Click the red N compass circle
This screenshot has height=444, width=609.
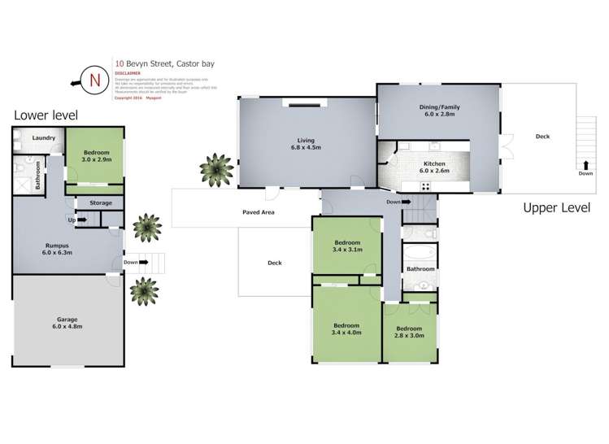tap(95, 79)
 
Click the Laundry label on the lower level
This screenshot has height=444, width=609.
tap(44, 138)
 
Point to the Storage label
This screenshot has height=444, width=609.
tap(101, 202)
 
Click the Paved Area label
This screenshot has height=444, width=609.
tap(258, 212)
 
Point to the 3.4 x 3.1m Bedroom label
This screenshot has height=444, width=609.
tap(347, 248)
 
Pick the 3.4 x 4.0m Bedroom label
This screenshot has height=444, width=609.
tap(346, 329)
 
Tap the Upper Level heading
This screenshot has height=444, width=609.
tap(556, 208)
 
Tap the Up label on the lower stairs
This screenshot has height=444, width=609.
tap(72, 220)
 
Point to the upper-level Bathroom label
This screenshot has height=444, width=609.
tap(420, 269)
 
